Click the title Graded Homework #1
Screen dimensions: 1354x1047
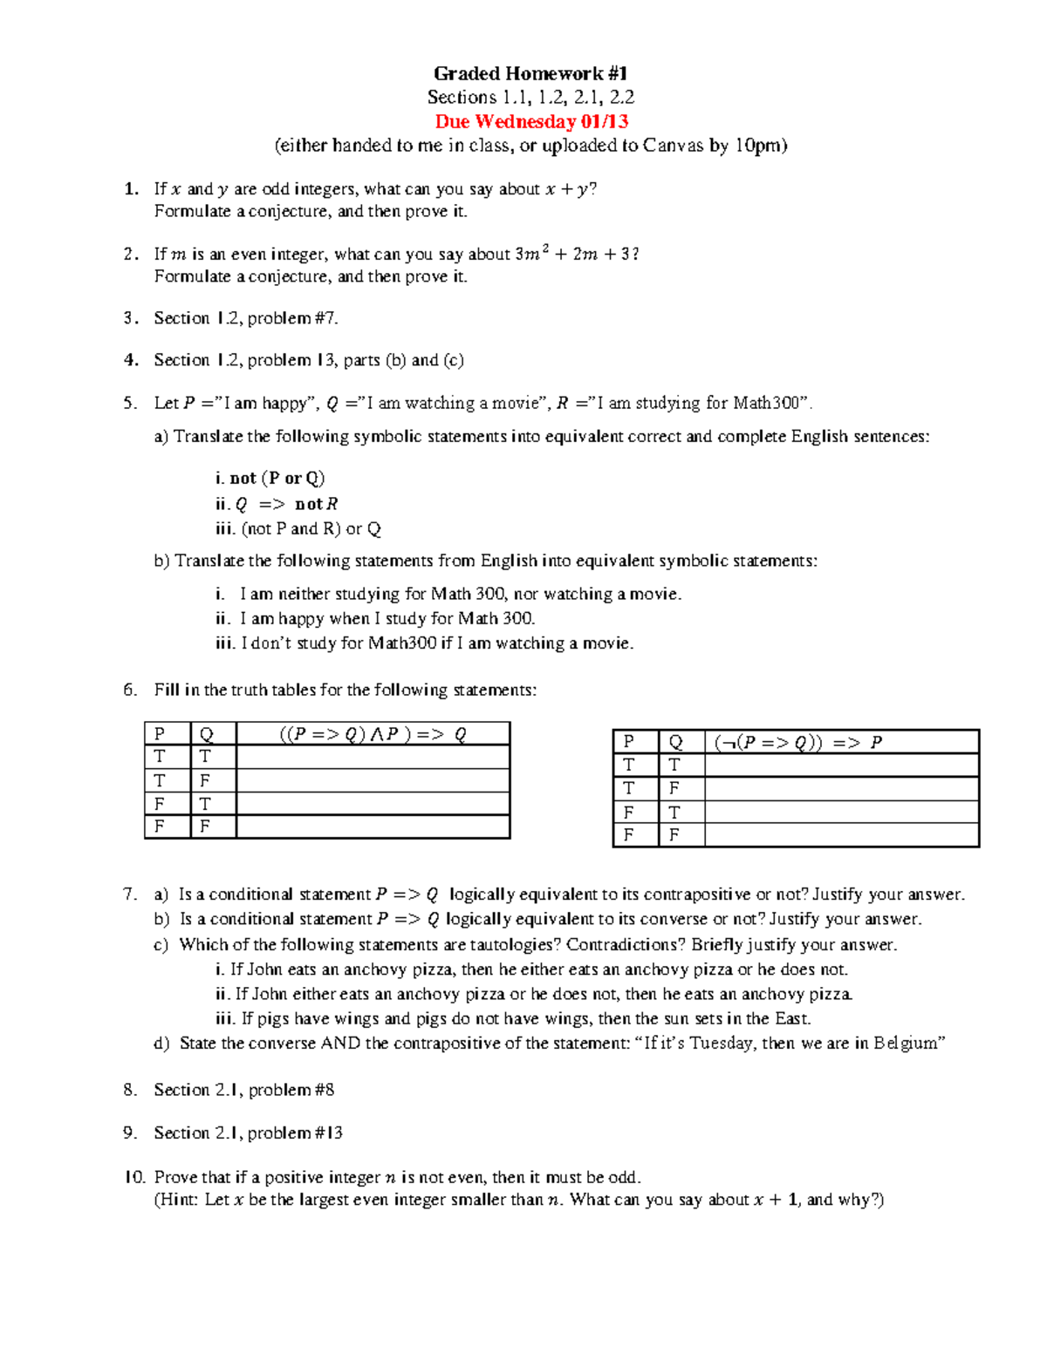click(x=530, y=73)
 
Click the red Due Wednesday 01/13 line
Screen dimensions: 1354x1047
click(x=531, y=121)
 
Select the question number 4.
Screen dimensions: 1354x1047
click(x=131, y=360)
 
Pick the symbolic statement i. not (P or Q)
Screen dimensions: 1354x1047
click(x=270, y=478)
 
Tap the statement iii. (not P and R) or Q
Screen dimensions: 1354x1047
click(x=298, y=528)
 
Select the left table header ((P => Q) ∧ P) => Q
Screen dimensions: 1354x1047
click(x=373, y=734)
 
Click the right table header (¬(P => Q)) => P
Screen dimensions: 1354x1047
click(x=798, y=742)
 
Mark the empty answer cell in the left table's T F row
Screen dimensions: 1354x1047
click(x=373, y=780)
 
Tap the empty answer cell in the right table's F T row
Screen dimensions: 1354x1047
click(x=841, y=812)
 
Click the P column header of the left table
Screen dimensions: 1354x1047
click(x=160, y=734)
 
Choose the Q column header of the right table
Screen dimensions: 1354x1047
click(x=675, y=742)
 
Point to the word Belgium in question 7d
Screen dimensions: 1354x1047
click(x=907, y=1044)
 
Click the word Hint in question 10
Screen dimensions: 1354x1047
click(x=178, y=1200)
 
